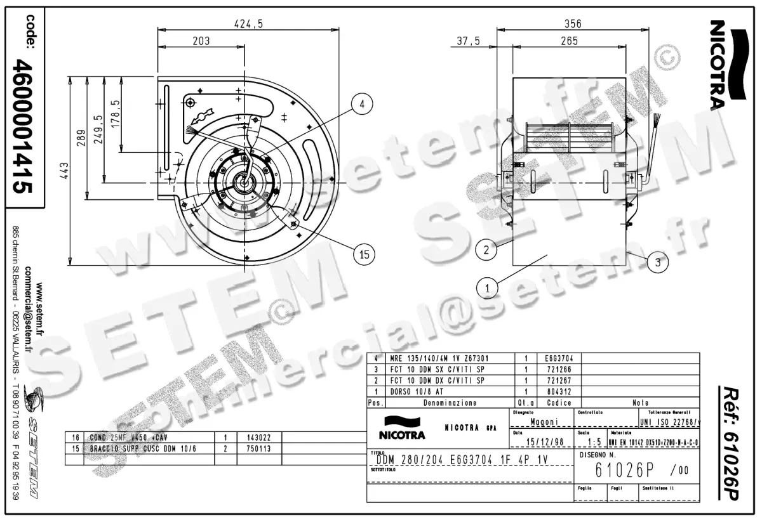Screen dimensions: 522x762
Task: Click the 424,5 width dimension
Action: pyautogui.click(x=248, y=24)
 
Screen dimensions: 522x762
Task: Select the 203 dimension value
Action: pyautogui.click(x=201, y=41)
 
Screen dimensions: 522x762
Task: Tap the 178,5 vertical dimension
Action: pyautogui.click(x=115, y=114)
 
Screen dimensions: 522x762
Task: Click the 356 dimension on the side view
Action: pyautogui.click(x=572, y=24)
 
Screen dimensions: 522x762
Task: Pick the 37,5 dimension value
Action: pyautogui.click(x=469, y=41)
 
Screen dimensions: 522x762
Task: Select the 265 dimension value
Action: pyautogui.click(x=569, y=41)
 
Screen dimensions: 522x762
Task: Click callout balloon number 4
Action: pyautogui.click(x=361, y=105)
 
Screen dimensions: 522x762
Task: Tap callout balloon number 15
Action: pyautogui.click(x=364, y=254)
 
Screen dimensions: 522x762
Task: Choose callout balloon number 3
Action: pyautogui.click(x=658, y=261)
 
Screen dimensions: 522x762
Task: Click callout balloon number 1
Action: pyautogui.click(x=487, y=288)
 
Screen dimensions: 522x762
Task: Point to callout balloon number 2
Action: pyautogui.click(x=486, y=249)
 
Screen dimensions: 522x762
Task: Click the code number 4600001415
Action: pyautogui.click(x=25, y=126)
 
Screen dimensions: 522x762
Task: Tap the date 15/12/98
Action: pyautogui.click(x=544, y=441)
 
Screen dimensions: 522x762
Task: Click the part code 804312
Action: pyautogui.click(x=558, y=392)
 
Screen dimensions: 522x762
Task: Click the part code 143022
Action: pyautogui.click(x=259, y=437)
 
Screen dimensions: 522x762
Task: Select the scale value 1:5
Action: pyautogui.click(x=594, y=441)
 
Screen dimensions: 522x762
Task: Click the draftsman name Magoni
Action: pyautogui.click(x=544, y=422)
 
